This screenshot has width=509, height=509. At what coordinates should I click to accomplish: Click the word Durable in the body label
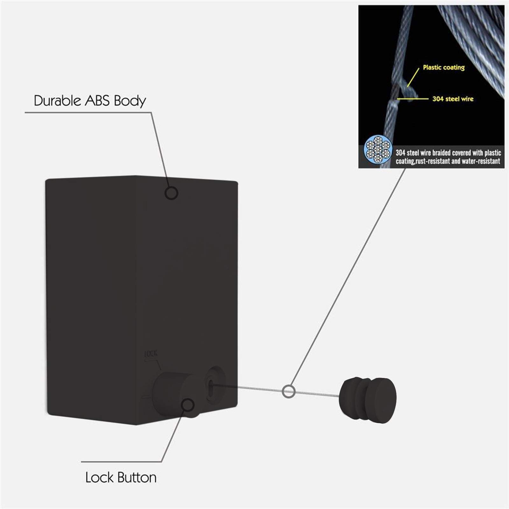[57, 101]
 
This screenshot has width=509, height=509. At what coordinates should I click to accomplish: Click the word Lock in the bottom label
[99, 478]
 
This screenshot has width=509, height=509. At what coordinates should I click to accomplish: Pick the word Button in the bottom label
[137, 478]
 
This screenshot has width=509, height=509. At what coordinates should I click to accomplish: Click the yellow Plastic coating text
[443, 67]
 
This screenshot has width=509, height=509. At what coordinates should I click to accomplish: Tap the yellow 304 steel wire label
[453, 99]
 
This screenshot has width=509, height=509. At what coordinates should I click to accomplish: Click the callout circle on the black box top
[171, 193]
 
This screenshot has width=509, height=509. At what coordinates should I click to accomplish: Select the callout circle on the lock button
[188, 405]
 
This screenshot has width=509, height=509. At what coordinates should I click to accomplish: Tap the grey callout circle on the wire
[289, 391]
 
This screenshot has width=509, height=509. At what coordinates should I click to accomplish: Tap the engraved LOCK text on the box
[151, 354]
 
